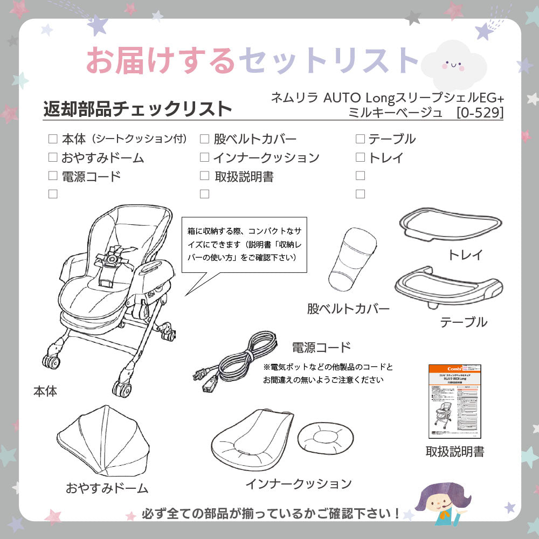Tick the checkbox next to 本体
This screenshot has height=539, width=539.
tap(53, 139)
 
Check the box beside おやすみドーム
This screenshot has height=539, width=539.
tap(53, 157)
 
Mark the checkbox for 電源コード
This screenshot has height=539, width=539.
tap(53, 175)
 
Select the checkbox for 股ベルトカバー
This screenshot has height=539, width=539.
tap(204, 139)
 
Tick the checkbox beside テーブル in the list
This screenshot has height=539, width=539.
tap(360, 139)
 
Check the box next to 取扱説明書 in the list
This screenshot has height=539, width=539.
tap(204, 175)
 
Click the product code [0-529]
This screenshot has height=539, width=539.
tap(480, 113)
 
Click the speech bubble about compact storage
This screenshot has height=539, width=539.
tap(244, 244)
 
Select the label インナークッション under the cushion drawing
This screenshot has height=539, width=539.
tap(299, 483)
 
